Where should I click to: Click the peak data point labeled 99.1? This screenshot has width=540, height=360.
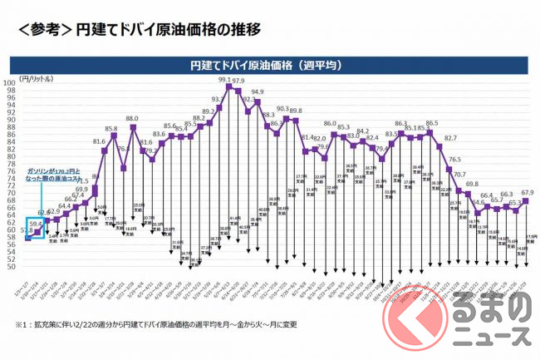tap(228, 86)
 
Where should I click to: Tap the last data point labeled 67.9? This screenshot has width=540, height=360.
tap(526, 200)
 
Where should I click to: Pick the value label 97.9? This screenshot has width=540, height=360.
tap(238, 81)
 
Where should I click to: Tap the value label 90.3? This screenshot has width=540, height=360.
tap(282, 109)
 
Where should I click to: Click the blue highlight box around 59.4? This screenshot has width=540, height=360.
tap(36, 227)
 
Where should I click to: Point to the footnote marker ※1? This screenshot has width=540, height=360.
tap(18, 323)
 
